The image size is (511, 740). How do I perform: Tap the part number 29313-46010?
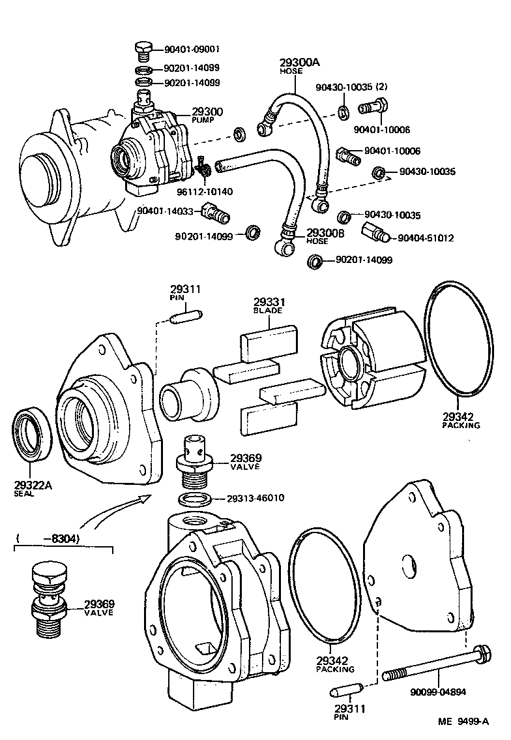pos(256,498)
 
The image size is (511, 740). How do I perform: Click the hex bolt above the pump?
pos(143,49)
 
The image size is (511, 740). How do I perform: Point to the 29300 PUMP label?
pos(207,116)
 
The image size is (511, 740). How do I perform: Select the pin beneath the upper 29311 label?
pos(186,317)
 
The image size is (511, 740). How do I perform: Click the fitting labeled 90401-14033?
pos(214,213)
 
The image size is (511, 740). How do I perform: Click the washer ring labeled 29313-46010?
pos(194,500)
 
